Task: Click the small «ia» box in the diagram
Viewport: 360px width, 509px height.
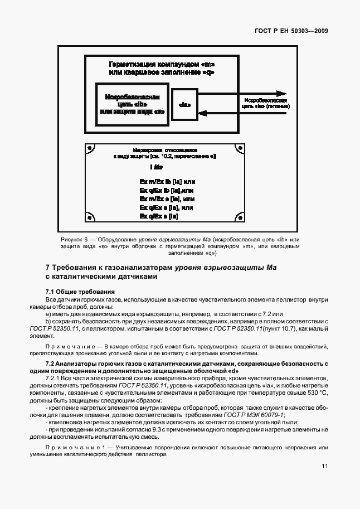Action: coord(184,104)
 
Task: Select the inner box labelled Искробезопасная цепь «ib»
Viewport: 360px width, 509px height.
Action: coord(132,104)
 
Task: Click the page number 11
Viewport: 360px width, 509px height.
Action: coord(324,467)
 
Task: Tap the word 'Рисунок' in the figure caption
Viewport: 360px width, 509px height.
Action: coord(74,239)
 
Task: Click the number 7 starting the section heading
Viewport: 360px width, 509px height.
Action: coord(47,268)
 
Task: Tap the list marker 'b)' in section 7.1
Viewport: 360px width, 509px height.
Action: coord(48,322)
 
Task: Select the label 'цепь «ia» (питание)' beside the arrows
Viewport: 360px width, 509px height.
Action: coord(265,105)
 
